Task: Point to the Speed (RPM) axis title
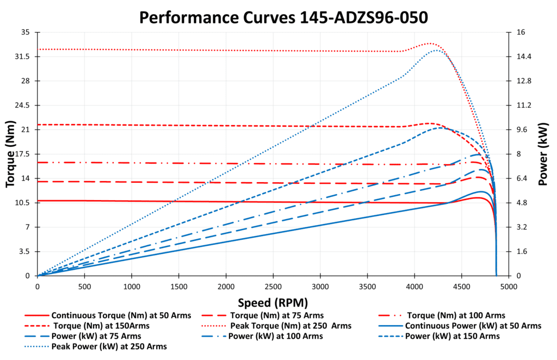click(x=272, y=302)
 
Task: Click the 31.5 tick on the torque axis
click(x=22, y=57)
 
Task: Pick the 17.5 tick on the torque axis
click(x=22, y=154)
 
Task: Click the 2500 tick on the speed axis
click(x=273, y=286)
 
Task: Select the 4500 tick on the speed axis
click(x=462, y=286)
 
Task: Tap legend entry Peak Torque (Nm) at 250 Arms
click(x=290, y=326)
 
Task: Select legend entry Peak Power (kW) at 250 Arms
click(x=109, y=346)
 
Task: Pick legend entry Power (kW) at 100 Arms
click(x=275, y=336)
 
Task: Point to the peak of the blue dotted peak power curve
click(x=437, y=50)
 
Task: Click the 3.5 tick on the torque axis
click(x=24, y=251)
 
